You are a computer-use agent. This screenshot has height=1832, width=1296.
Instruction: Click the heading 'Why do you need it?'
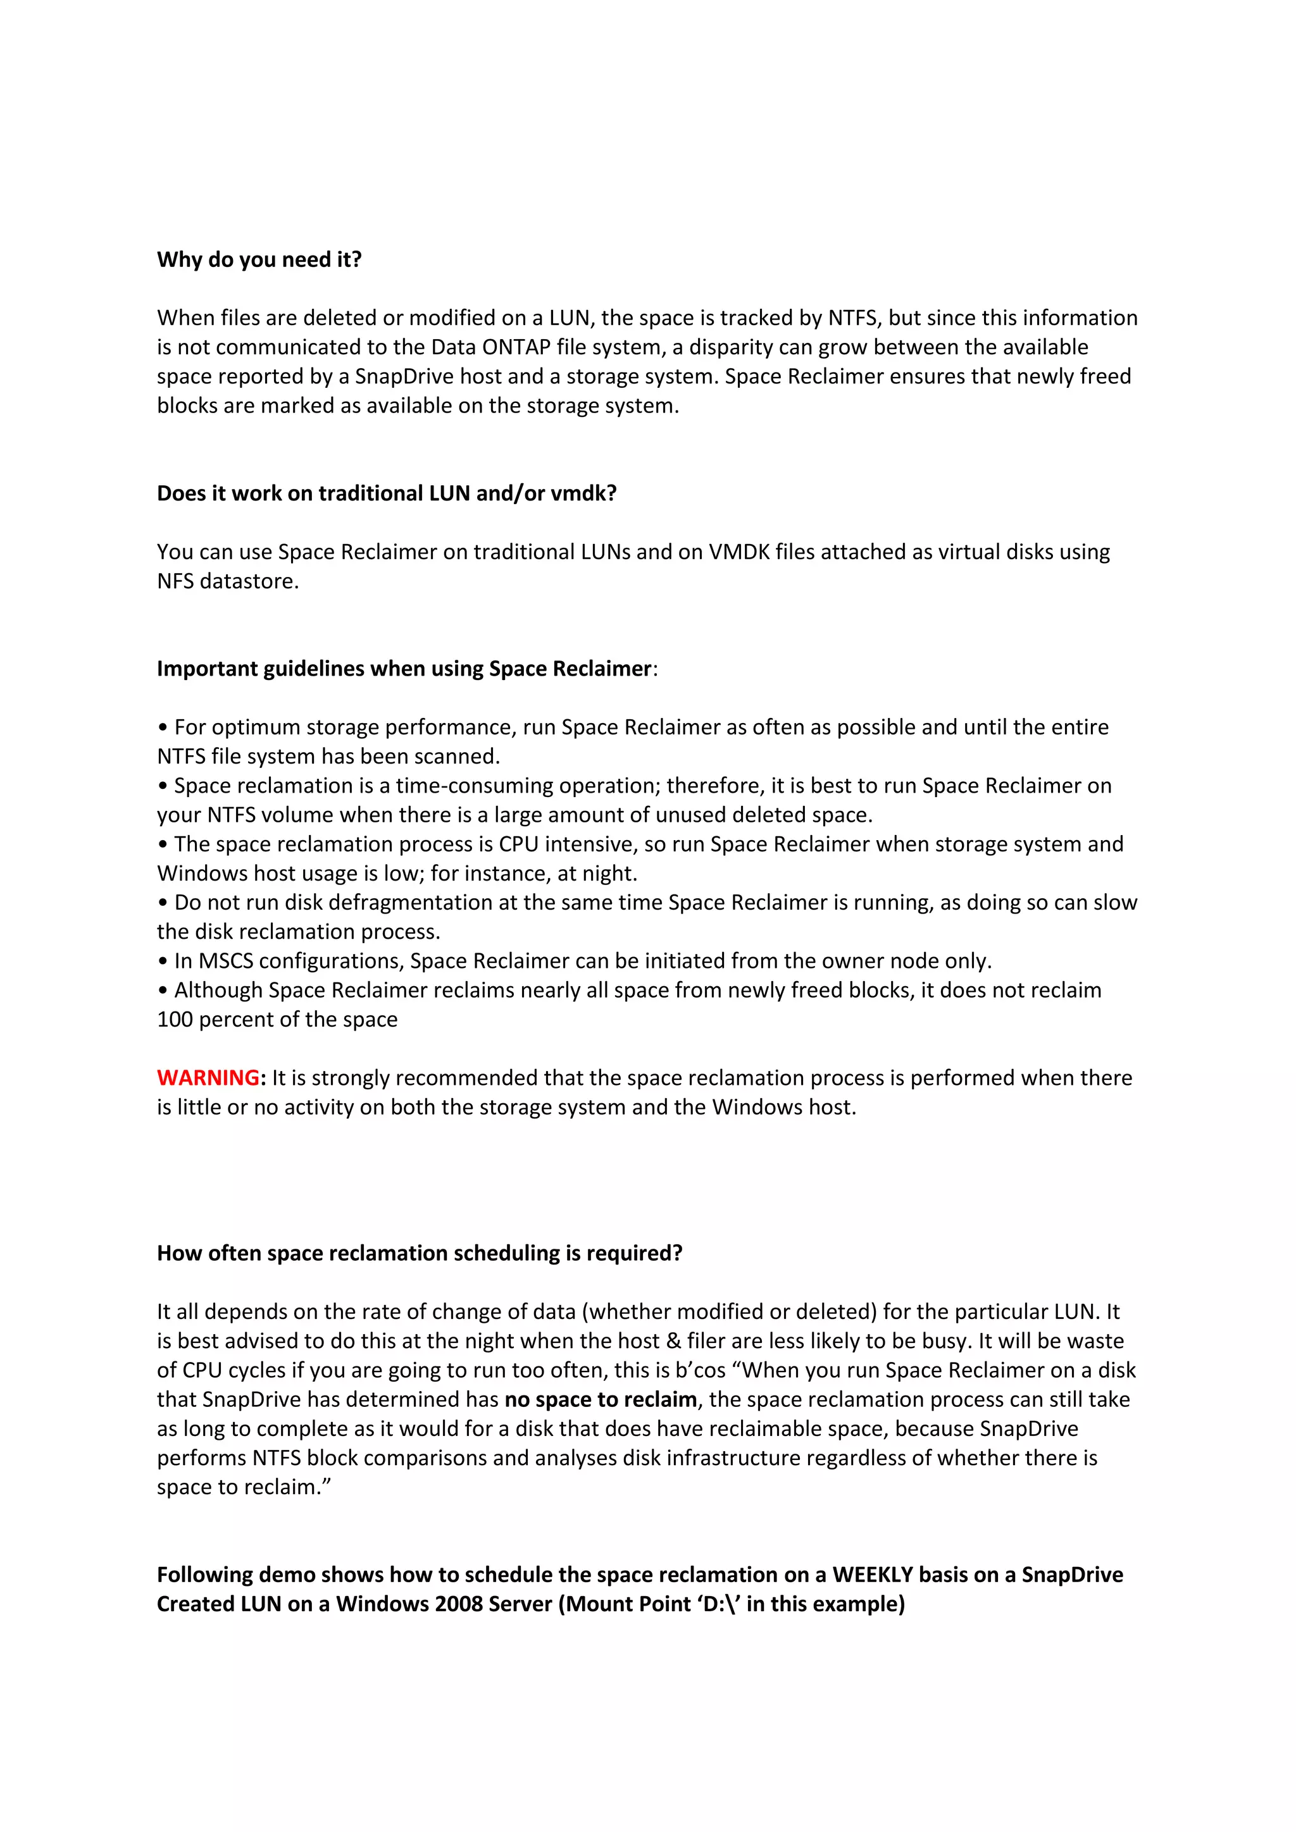point(259,259)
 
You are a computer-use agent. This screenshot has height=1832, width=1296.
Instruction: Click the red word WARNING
point(208,1078)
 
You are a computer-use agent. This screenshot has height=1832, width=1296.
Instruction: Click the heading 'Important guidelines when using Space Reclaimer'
point(404,669)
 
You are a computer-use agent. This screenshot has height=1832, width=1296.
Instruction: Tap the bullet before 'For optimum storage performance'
point(163,727)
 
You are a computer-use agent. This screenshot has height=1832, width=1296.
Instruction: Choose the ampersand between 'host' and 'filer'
point(673,1340)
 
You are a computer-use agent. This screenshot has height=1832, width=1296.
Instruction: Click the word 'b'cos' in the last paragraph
point(700,1370)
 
